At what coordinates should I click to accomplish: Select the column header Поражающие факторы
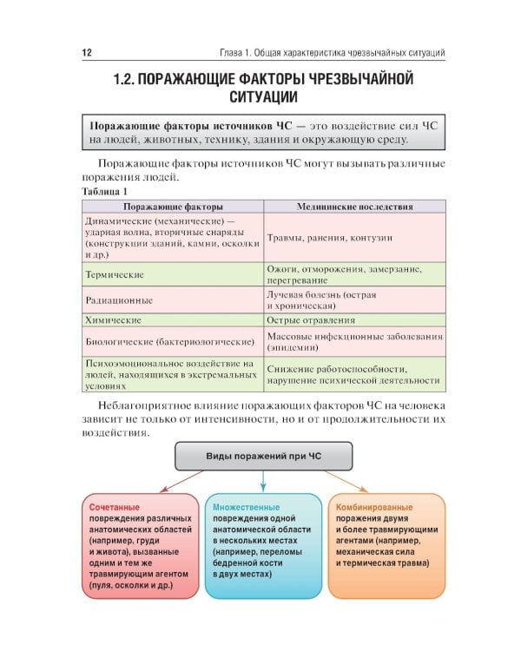173,207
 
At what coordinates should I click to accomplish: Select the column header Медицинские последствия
354,207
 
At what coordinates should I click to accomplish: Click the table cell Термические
114,274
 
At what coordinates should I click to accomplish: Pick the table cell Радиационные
119,300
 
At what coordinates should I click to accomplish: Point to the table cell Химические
113,319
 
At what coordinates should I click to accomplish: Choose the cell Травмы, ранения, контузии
330,237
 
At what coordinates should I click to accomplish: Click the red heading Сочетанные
114,506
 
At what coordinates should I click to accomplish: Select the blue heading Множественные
246,506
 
